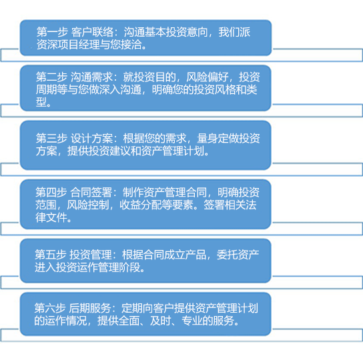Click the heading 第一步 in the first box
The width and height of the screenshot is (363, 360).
click(x=52, y=32)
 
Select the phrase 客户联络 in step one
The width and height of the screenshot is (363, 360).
click(x=92, y=32)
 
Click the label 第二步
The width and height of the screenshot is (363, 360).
click(x=51, y=77)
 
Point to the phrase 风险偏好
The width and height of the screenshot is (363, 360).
click(x=208, y=77)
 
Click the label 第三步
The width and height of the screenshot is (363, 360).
click(x=51, y=138)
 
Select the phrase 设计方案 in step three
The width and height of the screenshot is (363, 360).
click(x=91, y=138)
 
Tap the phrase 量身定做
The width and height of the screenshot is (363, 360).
click(x=218, y=138)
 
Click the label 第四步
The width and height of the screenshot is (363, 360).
click(x=51, y=192)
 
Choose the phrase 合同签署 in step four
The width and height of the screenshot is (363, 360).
click(x=91, y=192)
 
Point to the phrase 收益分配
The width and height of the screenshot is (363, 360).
click(x=141, y=205)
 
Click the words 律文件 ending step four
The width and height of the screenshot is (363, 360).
click(x=51, y=217)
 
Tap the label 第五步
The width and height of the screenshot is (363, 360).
click(x=51, y=255)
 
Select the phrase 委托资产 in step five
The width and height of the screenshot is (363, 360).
click(x=238, y=255)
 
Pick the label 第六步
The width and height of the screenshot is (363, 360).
click(x=50, y=308)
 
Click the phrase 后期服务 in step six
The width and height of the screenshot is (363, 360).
click(x=90, y=308)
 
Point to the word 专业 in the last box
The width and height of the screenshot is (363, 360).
click(x=192, y=321)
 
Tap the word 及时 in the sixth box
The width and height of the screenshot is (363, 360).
click(x=160, y=321)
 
